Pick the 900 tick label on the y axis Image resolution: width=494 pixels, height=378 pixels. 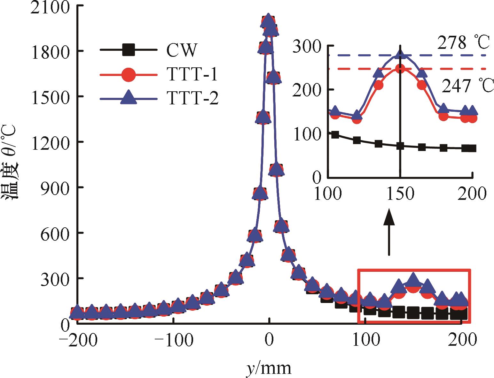pyautogui.click(x=54, y=188)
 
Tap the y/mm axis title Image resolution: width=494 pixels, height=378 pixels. pyautogui.click(x=269, y=368)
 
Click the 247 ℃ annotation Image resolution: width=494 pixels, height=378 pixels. pyautogui.click(x=467, y=86)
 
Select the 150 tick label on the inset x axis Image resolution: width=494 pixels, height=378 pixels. pyautogui.click(x=400, y=194)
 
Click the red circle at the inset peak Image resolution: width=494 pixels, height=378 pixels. pyautogui.click(x=400, y=69)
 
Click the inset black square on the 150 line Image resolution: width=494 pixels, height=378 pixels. pyautogui.click(x=400, y=146)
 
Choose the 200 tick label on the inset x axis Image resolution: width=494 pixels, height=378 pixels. pyautogui.click(x=472, y=194)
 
